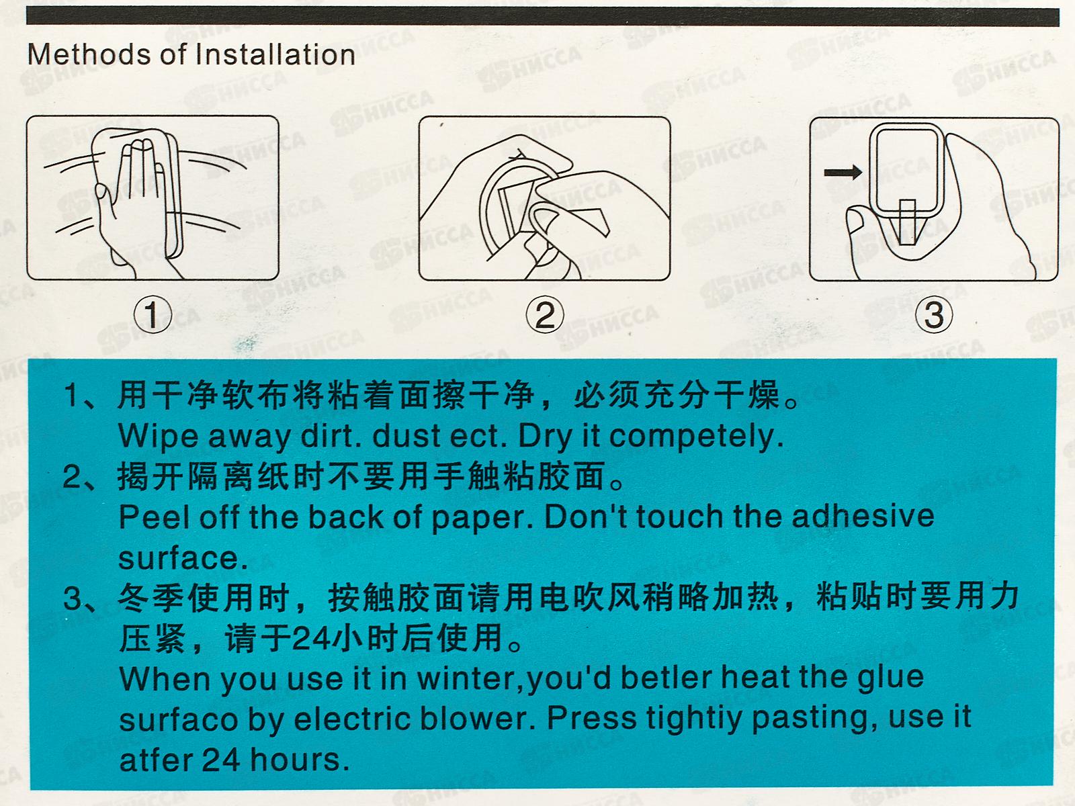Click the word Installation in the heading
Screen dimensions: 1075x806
275,54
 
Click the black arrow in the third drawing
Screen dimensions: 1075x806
843,172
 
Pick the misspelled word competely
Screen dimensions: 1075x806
696,437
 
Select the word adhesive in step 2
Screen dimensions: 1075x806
863,517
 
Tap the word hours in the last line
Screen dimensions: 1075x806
296,760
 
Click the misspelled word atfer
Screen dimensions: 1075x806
157,760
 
